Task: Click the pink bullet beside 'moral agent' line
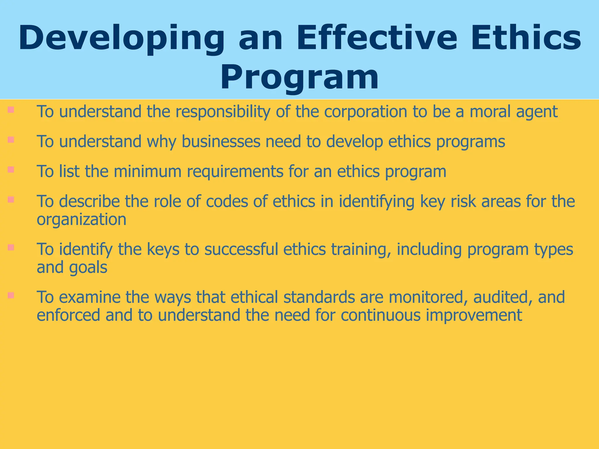[11, 110]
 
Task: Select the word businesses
[221, 142]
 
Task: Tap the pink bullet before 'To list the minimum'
[11, 170]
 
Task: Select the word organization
[81, 220]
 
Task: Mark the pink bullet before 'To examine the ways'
[11, 295]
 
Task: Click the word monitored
[428, 297]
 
